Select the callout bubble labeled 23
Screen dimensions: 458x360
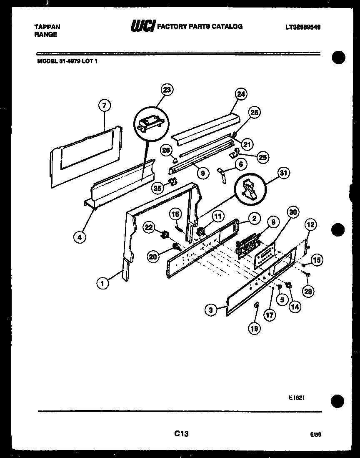click(x=167, y=90)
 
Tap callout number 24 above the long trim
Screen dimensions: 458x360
click(x=240, y=94)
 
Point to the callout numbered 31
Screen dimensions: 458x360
click(x=285, y=173)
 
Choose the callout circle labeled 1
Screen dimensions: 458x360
click(x=102, y=283)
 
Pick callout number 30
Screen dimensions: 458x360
click(x=293, y=212)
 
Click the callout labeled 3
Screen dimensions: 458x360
click(x=211, y=310)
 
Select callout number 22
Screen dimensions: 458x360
click(x=149, y=227)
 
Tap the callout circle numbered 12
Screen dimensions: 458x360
click(x=309, y=225)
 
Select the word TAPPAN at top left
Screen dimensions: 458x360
click(x=47, y=27)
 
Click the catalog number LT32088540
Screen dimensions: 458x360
click(x=303, y=27)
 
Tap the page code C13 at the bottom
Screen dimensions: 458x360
click(x=181, y=434)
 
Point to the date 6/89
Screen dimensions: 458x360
click(x=315, y=434)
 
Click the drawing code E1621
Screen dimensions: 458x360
click(x=297, y=398)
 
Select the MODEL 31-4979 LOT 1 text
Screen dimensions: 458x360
click(x=67, y=60)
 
